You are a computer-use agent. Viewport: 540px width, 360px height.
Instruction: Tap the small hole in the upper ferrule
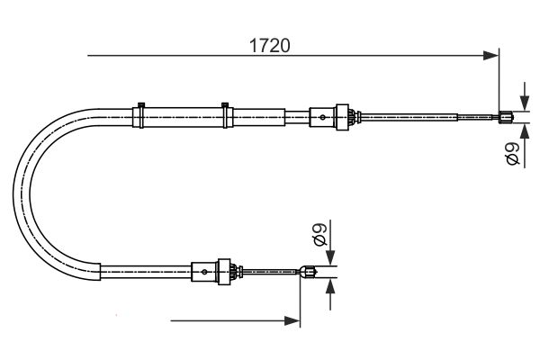point(322,115)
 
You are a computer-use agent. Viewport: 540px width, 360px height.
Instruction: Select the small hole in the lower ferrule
point(206,270)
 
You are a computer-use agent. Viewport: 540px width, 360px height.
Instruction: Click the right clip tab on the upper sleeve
point(225,103)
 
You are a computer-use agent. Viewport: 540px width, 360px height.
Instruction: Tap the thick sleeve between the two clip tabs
point(183,117)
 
